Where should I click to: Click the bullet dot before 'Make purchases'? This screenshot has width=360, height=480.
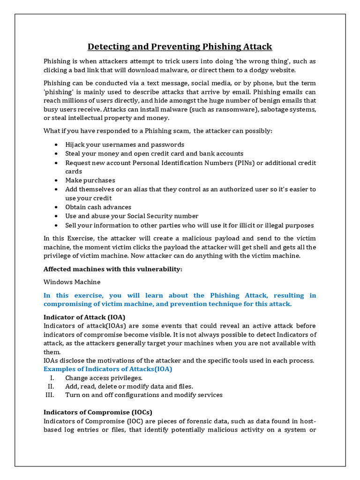click(56, 180)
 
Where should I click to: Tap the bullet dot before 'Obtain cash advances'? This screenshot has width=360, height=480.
click(56, 207)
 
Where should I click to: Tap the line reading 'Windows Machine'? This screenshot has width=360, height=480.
click(72, 282)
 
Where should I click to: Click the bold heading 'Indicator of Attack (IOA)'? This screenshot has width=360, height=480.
click(84, 317)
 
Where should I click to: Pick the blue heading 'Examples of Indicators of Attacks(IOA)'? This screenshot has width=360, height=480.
click(108, 369)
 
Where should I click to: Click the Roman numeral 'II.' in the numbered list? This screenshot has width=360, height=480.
click(52, 386)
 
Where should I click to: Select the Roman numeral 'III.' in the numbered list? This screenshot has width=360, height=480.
click(50, 395)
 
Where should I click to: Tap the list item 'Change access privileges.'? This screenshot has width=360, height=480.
click(104, 378)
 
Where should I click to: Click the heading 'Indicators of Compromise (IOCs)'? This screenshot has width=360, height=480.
click(98, 412)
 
